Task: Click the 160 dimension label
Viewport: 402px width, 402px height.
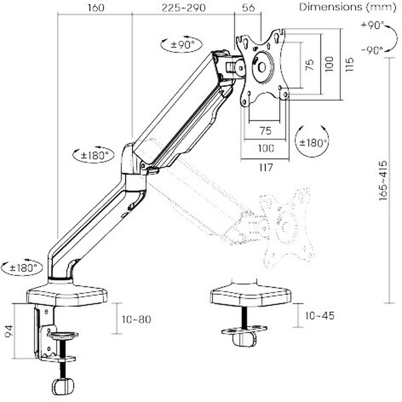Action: [x=96, y=8]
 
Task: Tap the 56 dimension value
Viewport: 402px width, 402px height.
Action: [x=249, y=8]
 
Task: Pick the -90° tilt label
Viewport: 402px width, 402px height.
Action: [x=371, y=50]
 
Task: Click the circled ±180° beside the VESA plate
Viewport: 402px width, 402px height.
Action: [x=312, y=142]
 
